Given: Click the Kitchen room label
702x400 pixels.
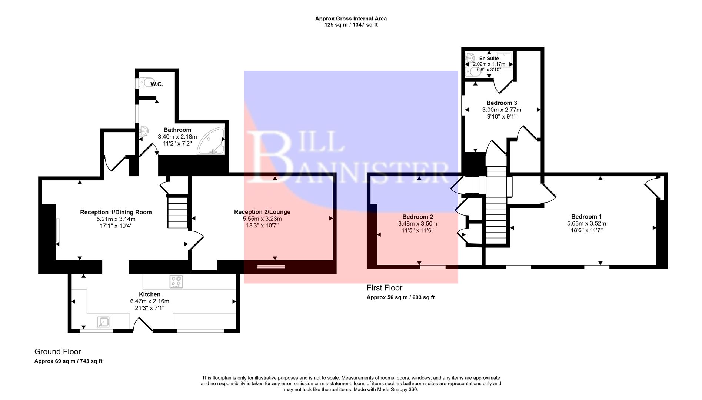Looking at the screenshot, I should pos(150,294).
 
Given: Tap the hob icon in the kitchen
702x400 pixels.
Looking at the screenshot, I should pos(176,282).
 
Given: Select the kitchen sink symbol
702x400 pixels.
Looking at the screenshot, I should pos(103,322).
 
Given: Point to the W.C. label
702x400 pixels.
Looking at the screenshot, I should pos(157,84).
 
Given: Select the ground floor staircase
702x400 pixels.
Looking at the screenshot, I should pos(178,212).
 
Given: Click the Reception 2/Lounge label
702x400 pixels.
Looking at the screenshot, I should pos(262,212).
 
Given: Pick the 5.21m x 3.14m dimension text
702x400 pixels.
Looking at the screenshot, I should pos(116,219).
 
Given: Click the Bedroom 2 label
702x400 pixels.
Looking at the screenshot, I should pos(417,217).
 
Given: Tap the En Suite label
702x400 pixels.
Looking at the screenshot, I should pos(489,58).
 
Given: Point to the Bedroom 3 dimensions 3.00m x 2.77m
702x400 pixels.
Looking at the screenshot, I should pos(501,110).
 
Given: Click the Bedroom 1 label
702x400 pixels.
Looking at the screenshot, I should pos(586,217).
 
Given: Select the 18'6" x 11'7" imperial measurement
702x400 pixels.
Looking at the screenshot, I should pos(586,230).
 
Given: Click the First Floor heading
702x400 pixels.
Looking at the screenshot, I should pos(384,288).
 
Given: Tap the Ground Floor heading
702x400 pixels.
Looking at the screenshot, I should pos(57,351).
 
